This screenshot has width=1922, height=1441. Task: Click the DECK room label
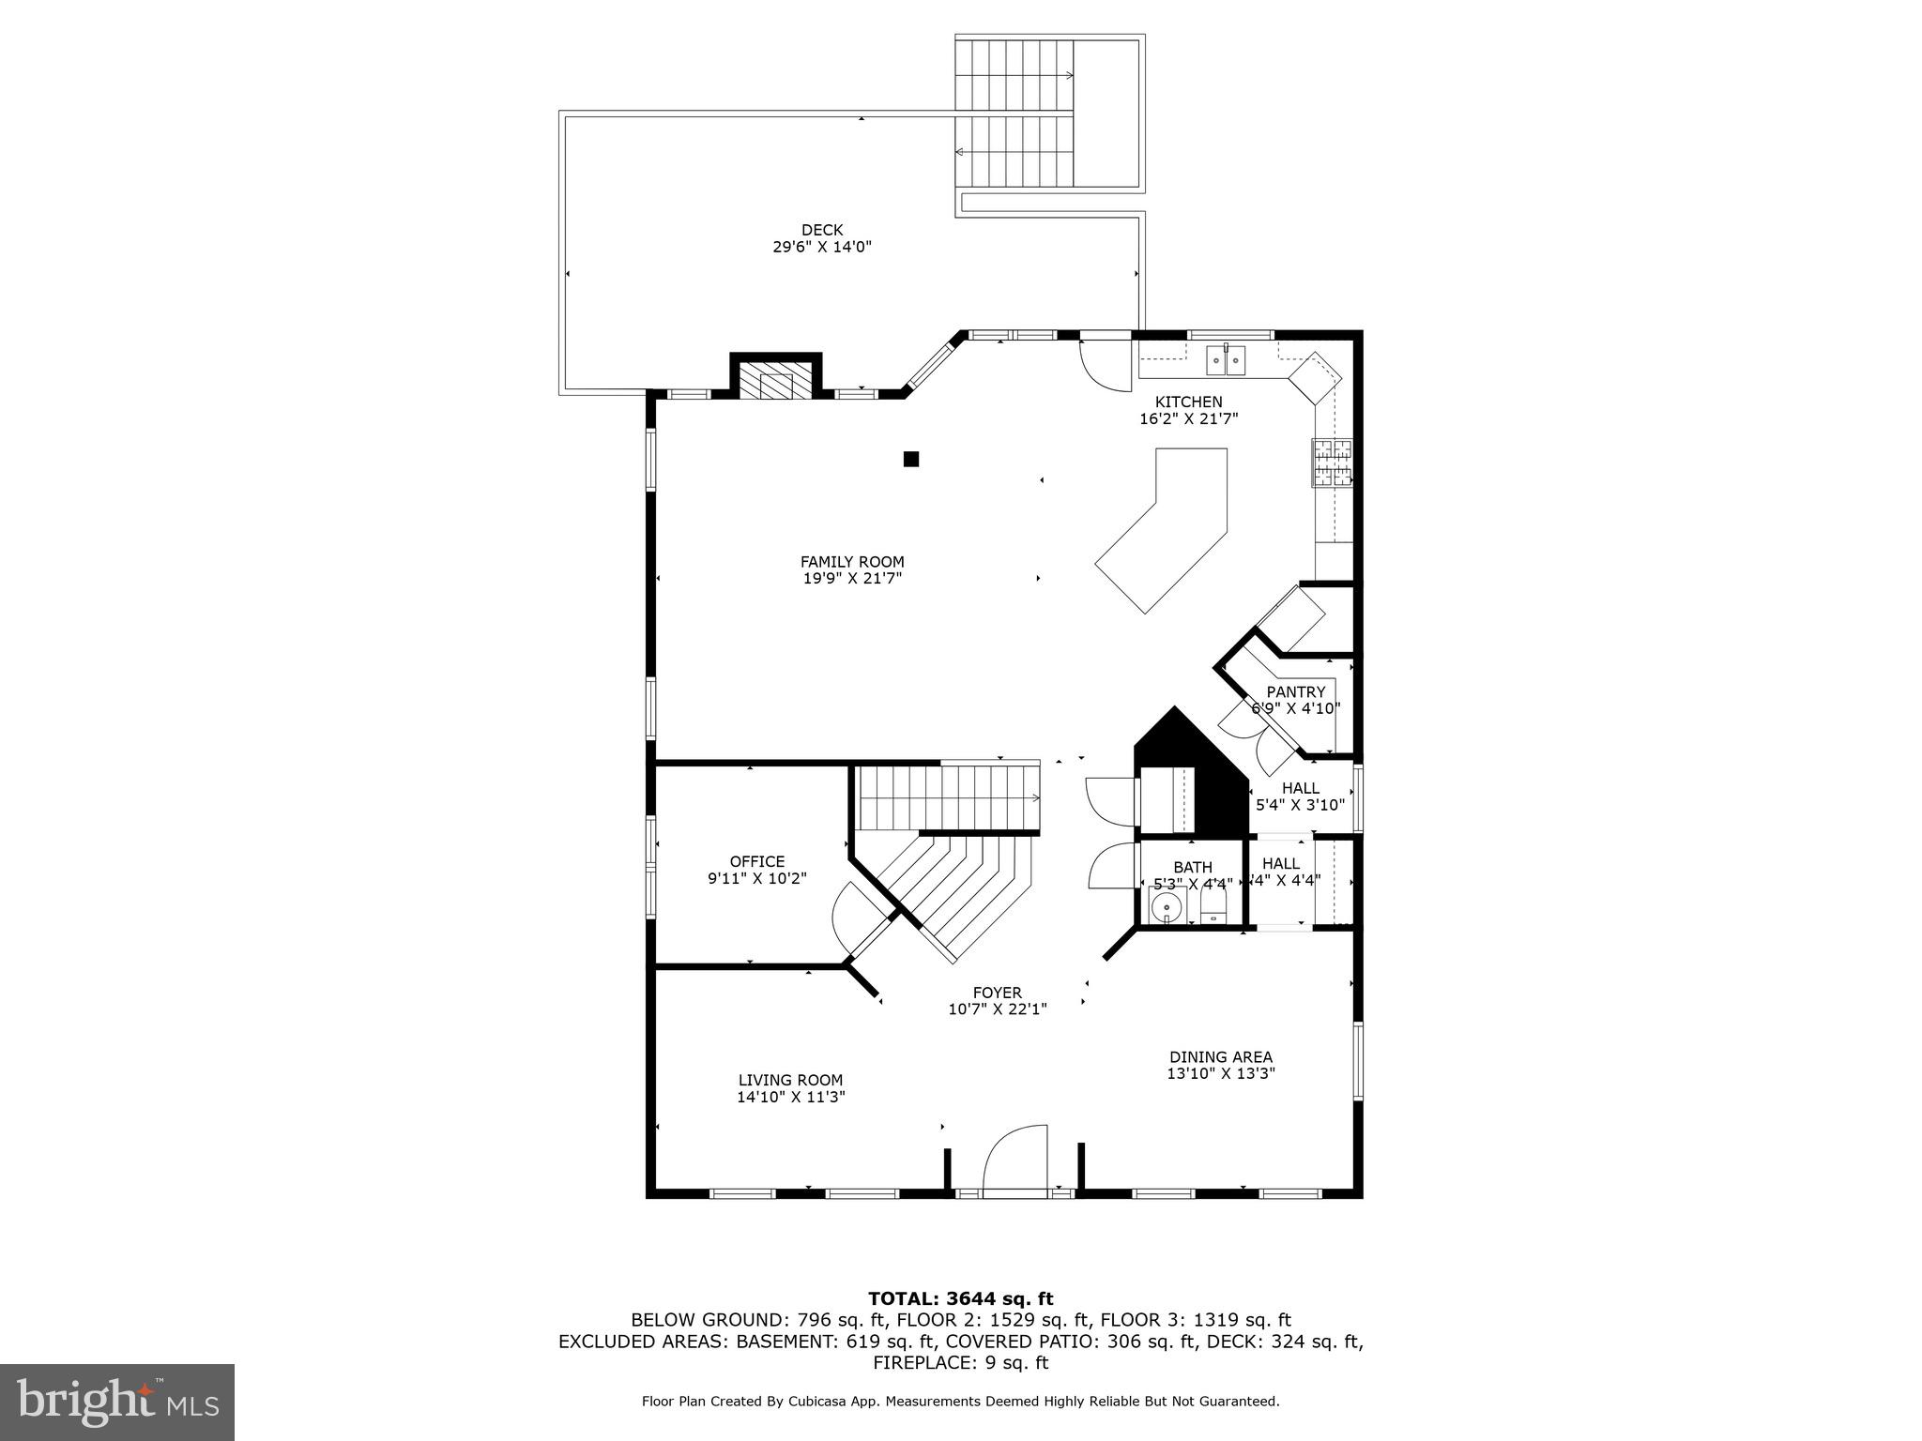(x=822, y=230)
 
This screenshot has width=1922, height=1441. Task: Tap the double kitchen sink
(x=1226, y=359)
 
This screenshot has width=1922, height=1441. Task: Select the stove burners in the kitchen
(x=1332, y=463)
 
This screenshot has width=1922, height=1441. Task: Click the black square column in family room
(x=910, y=459)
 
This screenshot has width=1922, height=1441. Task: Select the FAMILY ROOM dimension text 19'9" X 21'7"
(x=852, y=579)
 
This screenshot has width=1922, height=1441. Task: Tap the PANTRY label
(x=1296, y=692)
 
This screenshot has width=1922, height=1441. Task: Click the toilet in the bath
(x=1213, y=905)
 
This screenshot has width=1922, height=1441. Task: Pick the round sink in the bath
(x=1167, y=907)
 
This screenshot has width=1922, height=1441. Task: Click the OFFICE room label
(x=757, y=861)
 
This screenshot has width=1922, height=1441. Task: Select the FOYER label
(x=997, y=993)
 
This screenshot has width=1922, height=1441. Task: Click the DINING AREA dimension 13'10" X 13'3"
(x=1220, y=1073)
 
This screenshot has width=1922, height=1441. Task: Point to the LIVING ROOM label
(x=790, y=1080)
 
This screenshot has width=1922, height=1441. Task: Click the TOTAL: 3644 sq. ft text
(x=960, y=1299)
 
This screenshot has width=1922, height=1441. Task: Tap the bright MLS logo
(x=117, y=1402)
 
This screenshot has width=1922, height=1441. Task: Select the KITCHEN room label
(x=1188, y=402)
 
